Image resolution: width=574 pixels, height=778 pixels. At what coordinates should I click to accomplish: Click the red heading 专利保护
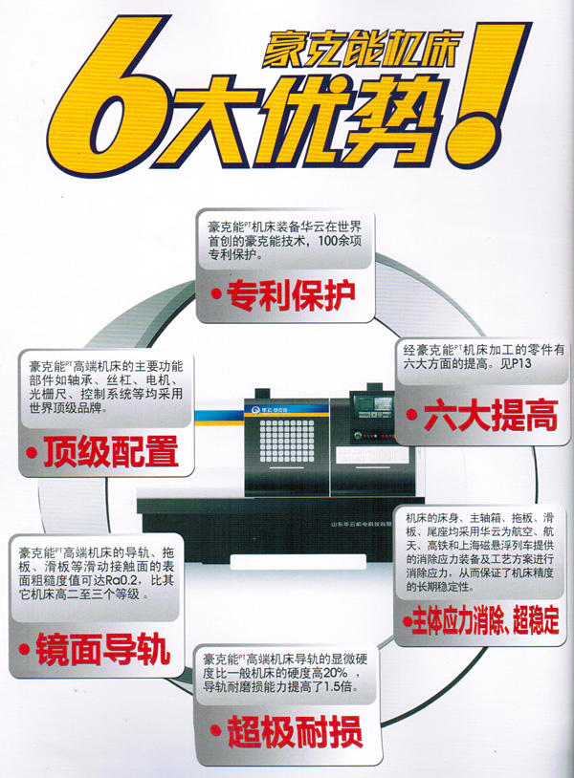(291, 295)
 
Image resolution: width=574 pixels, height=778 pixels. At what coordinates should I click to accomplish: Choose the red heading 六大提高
(490, 416)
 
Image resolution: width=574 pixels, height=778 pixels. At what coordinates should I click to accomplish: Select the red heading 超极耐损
(295, 732)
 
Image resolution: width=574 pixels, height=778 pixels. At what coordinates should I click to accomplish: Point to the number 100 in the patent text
(325, 242)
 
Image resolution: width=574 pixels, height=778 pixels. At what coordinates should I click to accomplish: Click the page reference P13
(522, 364)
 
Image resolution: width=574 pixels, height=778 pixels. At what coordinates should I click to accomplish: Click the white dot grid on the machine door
(287, 442)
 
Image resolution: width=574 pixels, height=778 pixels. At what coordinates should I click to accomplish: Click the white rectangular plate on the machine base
(298, 561)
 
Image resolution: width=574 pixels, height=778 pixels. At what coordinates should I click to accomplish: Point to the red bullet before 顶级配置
(33, 452)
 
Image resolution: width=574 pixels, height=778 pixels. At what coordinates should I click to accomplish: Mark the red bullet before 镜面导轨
(24, 650)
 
